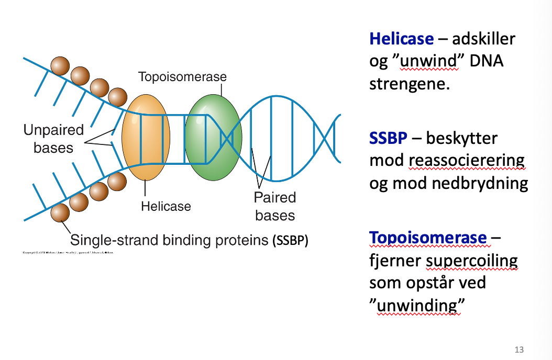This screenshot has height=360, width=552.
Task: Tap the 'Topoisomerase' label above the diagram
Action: (x=182, y=77)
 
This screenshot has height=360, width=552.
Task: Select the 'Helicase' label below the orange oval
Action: (x=166, y=206)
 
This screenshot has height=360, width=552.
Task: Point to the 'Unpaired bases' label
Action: (x=53, y=139)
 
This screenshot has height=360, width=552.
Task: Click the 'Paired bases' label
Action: (x=275, y=206)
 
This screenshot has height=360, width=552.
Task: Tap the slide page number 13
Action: (x=519, y=350)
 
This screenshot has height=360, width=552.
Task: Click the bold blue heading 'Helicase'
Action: (x=402, y=39)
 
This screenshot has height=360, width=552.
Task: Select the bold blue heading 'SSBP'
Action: (x=389, y=138)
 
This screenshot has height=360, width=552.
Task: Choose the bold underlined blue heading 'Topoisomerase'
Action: (x=428, y=238)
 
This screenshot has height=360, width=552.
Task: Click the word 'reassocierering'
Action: (x=466, y=161)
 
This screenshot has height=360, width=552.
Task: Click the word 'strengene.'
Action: (x=410, y=84)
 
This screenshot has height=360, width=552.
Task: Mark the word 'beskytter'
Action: (x=462, y=138)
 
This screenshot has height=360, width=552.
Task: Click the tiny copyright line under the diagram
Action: (x=68, y=253)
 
